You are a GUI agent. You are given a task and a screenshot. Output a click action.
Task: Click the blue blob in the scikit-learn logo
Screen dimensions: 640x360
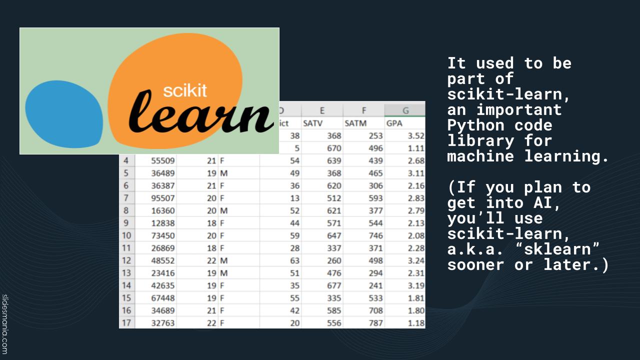pos(64,114)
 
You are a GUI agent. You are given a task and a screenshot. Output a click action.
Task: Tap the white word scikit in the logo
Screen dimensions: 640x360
pos(185,91)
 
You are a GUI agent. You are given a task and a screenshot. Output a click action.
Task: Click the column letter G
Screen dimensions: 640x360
pos(405,110)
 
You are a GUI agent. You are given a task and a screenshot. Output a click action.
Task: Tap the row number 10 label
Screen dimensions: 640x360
pos(126,235)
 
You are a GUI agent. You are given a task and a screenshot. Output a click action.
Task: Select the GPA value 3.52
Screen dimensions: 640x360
pos(416,135)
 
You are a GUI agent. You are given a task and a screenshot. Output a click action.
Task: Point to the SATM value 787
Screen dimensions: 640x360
pos(375,323)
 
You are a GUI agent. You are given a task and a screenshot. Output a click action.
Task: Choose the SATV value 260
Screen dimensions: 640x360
pos(334,260)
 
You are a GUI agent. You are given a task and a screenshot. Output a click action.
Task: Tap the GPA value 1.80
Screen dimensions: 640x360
pos(416,310)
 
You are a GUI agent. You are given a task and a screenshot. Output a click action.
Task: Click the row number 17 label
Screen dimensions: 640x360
pos(126,323)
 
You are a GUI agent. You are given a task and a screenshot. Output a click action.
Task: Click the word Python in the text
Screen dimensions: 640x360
pos(475,125)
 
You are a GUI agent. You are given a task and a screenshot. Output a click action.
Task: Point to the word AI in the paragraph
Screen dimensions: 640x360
pos(543,203)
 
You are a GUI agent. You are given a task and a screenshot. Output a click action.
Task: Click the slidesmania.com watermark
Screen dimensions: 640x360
pos(4,324)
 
